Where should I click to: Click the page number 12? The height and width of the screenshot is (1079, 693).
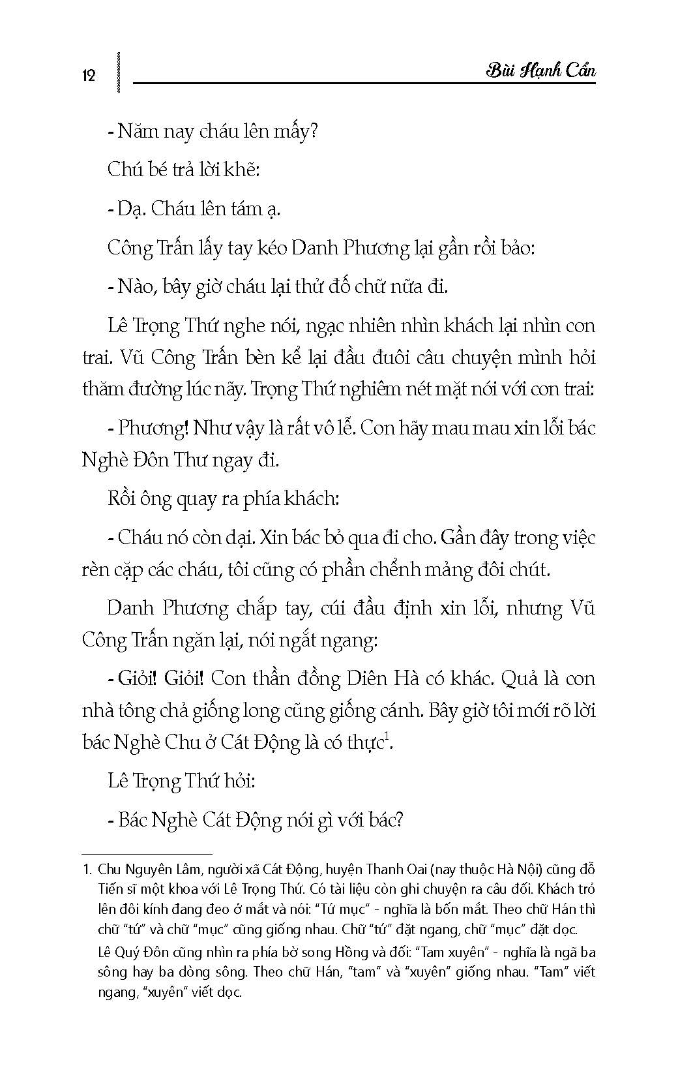(89, 75)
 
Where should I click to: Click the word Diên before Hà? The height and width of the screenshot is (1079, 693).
(366, 678)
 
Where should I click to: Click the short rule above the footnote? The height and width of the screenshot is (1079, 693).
(147, 853)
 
